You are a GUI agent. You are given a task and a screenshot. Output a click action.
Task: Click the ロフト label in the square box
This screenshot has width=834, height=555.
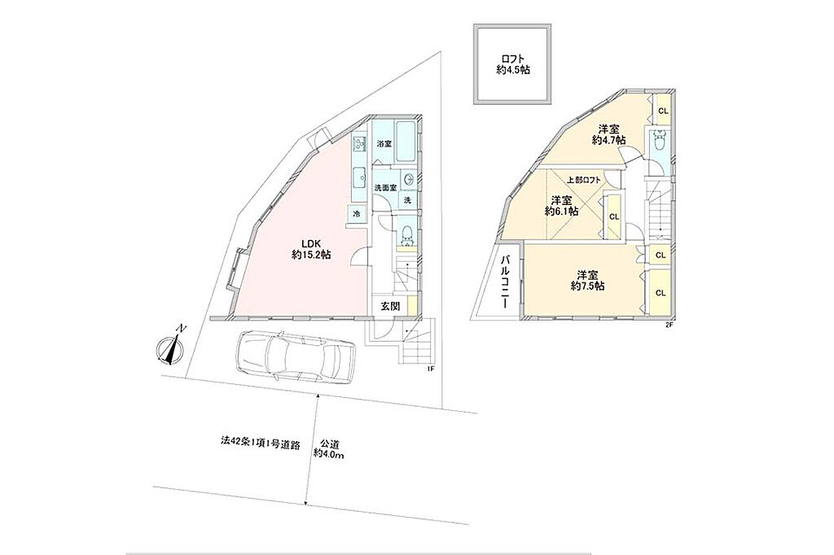click(513, 59)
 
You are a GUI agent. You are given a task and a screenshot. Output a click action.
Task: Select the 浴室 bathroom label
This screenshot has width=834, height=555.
click(384, 143)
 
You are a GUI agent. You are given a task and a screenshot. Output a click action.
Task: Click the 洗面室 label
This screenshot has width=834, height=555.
click(385, 188)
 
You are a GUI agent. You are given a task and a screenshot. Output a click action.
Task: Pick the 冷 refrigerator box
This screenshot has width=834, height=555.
click(358, 214)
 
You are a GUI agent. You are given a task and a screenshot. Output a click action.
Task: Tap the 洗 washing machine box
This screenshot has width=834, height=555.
click(407, 200)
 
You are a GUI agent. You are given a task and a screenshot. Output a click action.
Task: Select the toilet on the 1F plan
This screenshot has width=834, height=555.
click(407, 234)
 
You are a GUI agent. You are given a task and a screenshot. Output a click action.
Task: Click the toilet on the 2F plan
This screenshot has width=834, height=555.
click(661, 141)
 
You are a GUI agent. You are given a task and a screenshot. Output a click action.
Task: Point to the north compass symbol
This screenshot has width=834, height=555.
click(171, 349)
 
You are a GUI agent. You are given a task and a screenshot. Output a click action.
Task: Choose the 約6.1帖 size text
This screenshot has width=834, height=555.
click(562, 211)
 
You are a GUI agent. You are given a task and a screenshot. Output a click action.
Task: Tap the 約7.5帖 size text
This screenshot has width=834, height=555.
click(588, 286)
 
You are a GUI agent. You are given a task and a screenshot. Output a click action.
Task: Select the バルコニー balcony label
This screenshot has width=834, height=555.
click(507, 282)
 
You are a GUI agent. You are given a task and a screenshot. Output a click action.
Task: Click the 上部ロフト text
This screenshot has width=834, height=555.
click(583, 180)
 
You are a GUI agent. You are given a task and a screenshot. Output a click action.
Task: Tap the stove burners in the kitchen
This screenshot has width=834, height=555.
click(360, 143)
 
